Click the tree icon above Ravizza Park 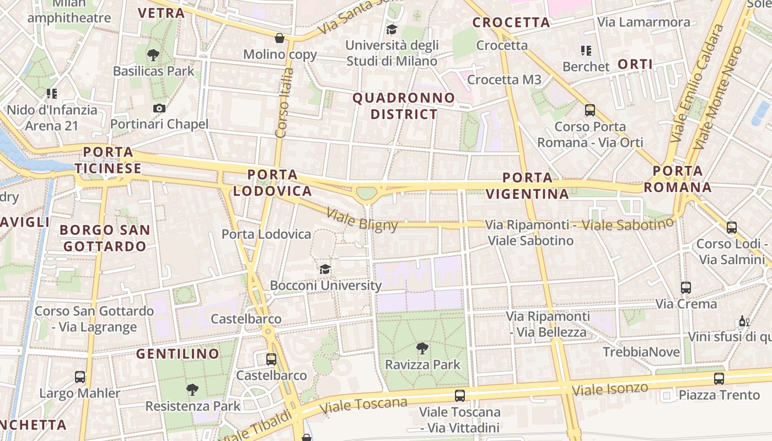422,348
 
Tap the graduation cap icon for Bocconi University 325,269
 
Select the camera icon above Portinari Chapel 159,108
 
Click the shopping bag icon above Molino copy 280,38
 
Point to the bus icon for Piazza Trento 719,378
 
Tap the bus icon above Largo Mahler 80,377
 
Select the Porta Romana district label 678,179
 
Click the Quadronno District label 404,106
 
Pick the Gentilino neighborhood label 178,354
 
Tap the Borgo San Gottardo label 105,238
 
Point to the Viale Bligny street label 362,219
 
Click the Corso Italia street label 283,103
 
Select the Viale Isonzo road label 610,389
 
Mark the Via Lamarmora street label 644,22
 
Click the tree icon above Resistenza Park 192,390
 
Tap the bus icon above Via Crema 686,287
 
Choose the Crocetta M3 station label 504,79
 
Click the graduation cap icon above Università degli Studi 392,29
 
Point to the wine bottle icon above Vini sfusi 744,321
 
